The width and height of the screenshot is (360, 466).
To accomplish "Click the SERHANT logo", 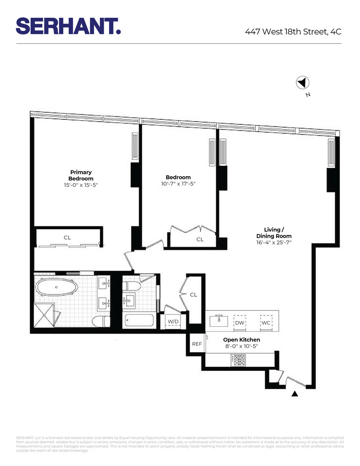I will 68,26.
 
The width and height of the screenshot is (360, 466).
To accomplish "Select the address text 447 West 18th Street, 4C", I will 293,32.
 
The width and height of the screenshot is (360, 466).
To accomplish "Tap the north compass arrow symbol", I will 303,83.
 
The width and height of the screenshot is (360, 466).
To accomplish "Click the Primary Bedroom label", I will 81,175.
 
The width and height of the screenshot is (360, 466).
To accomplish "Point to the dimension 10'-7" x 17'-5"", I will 178,184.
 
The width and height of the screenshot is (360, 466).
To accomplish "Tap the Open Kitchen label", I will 241,340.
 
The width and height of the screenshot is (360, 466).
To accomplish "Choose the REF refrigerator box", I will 197,344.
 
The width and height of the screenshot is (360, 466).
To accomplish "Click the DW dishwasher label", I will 239,322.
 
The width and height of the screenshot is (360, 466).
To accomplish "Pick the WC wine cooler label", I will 266,322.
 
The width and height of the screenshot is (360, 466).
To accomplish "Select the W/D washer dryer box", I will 173,322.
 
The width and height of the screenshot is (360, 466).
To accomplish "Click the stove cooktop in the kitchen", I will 238,360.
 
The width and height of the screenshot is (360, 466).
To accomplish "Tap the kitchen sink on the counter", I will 218,321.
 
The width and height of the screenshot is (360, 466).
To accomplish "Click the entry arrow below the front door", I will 294,394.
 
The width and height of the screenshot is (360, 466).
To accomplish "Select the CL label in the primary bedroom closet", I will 68,238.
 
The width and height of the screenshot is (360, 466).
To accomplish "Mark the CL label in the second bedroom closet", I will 200,240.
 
